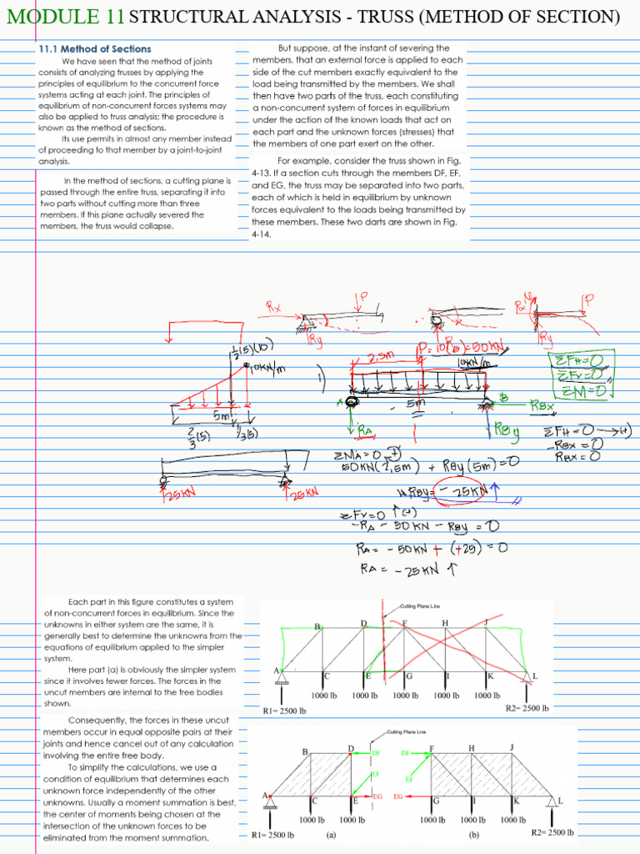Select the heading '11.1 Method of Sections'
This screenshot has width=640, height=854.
tap(95, 50)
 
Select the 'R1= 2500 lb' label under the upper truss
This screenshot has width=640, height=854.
tap(284, 711)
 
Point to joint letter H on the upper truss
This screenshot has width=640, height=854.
tap(445, 623)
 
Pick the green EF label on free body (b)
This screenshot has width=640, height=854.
tap(409, 780)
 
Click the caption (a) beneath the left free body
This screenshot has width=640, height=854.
tap(332, 833)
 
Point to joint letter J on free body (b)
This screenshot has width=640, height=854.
tap(512, 746)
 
